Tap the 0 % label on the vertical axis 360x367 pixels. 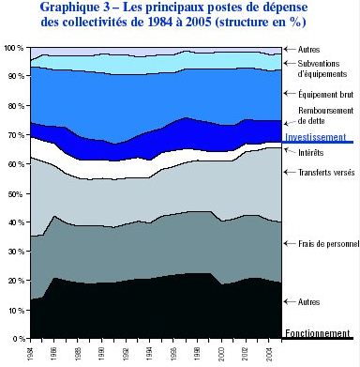[17, 338]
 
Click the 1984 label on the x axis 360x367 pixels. [32, 353]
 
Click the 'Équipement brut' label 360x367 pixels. [323, 94]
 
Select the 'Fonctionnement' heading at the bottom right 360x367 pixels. [319, 333]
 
